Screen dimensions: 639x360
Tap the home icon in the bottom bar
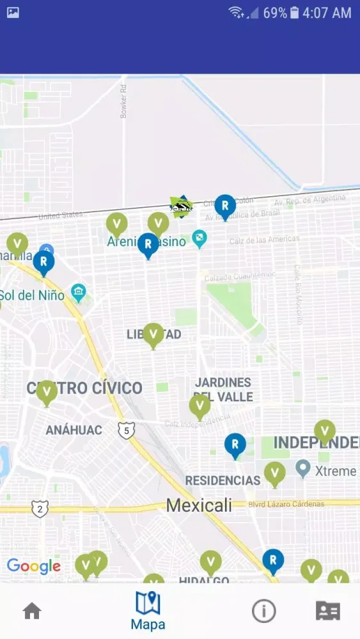[x=32, y=611]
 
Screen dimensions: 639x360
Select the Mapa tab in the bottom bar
[x=148, y=612]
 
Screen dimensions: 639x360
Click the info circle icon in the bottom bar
[x=263, y=611]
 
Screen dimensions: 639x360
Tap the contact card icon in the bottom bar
[x=328, y=611]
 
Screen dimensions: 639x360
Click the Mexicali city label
[x=199, y=505]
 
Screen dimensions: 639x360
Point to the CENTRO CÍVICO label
[x=84, y=388]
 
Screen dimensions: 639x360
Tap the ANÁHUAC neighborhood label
[x=74, y=430]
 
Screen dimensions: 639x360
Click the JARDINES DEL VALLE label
[x=223, y=389]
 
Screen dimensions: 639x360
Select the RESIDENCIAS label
[x=223, y=480]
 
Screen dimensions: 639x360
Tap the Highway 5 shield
[x=127, y=430]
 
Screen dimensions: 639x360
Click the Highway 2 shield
[x=40, y=509]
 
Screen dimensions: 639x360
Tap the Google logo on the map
[x=33, y=566]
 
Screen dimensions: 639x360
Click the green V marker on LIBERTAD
[x=153, y=334]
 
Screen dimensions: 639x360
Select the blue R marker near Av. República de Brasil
[x=224, y=206]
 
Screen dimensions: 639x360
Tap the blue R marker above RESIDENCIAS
[x=235, y=445]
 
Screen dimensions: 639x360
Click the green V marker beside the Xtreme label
[x=275, y=473]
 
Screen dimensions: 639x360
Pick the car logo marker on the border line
[x=181, y=206]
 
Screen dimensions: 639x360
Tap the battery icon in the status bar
[x=294, y=13]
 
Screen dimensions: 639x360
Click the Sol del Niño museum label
[x=32, y=295]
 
